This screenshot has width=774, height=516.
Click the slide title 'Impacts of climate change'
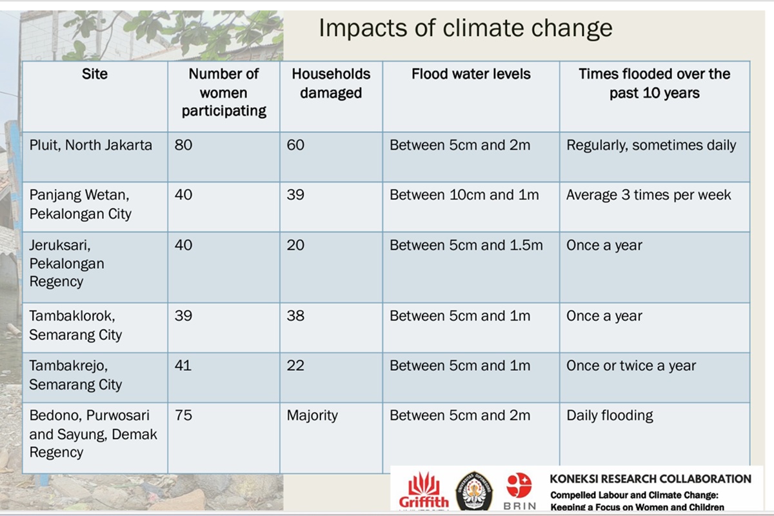click(x=466, y=28)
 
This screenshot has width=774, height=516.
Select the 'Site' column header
click(x=95, y=74)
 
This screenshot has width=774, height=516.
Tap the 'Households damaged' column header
click(x=331, y=83)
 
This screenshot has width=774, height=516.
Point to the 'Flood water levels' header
click(x=471, y=74)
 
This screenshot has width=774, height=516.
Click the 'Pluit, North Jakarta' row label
click(x=90, y=145)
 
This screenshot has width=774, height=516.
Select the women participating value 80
click(x=183, y=145)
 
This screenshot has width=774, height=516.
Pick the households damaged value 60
click(x=295, y=145)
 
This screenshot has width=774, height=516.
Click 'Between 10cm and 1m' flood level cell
click(x=464, y=195)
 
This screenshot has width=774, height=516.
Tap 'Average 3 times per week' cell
click(x=649, y=195)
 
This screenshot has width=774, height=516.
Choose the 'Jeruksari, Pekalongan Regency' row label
click(x=66, y=263)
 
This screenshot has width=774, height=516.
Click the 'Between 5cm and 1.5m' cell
click(x=466, y=245)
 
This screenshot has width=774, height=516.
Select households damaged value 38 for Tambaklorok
click(x=295, y=315)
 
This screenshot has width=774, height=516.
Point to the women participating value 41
click(x=183, y=365)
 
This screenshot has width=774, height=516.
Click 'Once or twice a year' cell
click(x=631, y=366)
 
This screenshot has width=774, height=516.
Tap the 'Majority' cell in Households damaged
click(x=312, y=415)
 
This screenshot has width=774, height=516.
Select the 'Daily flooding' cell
click(x=610, y=415)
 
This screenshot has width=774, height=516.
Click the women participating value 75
click(x=183, y=415)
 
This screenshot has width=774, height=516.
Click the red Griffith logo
click(x=424, y=491)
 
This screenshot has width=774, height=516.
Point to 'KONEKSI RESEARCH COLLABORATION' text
click(x=650, y=479)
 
